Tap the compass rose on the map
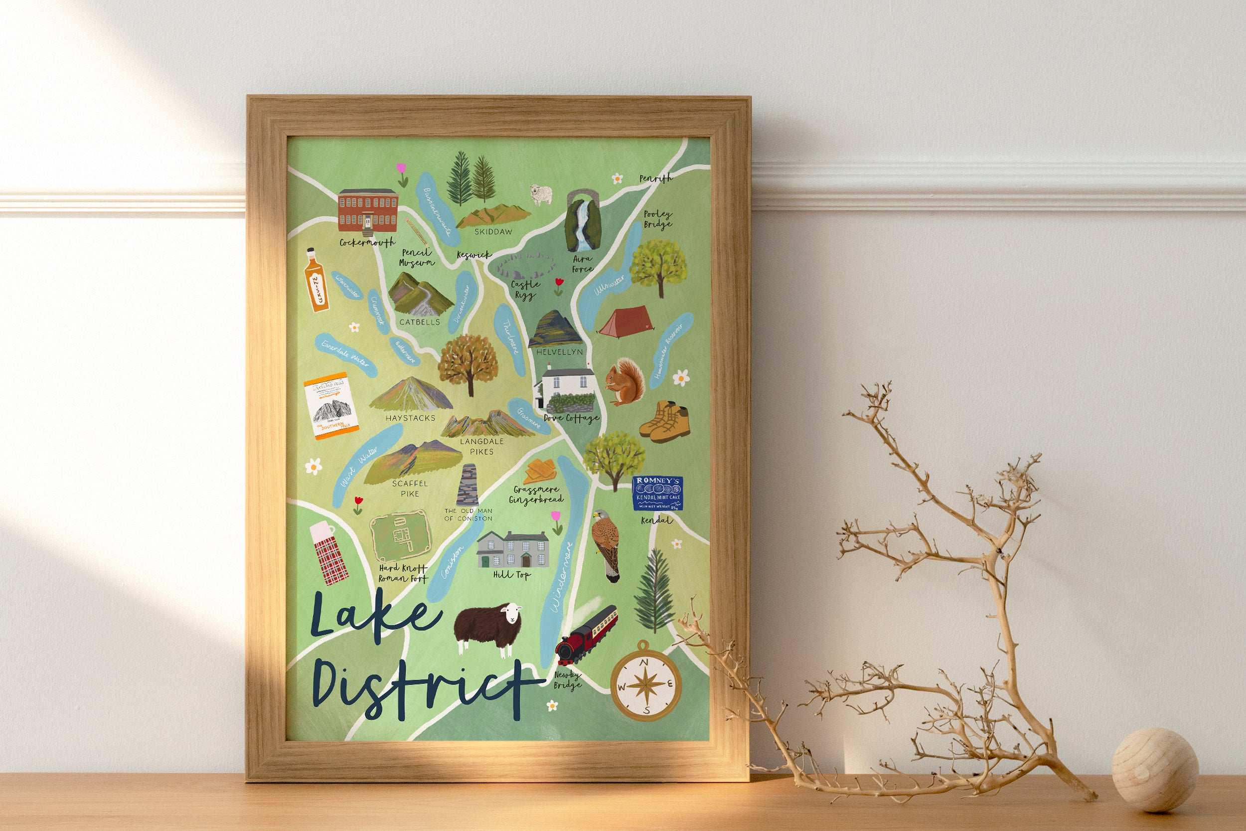(x=645, y=682)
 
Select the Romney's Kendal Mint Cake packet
(x=657, y=493)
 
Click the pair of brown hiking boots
(x=664, y=421)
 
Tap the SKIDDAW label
(x=493, y=232)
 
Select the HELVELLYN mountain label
(x=559, y=352)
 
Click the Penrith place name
(x=655, y=178)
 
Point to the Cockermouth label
(x=367, y=243)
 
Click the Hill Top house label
(x=511, y=574)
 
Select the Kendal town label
(x=656, y=520)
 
